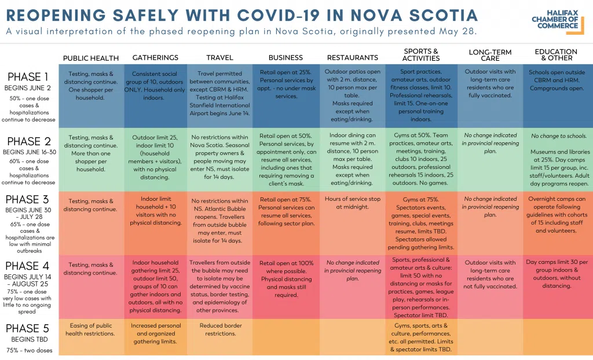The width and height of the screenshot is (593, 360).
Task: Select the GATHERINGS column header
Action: point(155,58)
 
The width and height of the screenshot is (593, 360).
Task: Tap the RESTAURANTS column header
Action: point(352,58)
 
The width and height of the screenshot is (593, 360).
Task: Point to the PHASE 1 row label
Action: point(28,76)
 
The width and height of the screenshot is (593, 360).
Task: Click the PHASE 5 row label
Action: point(28,329)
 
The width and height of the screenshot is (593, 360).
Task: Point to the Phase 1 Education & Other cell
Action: point(556,80)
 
